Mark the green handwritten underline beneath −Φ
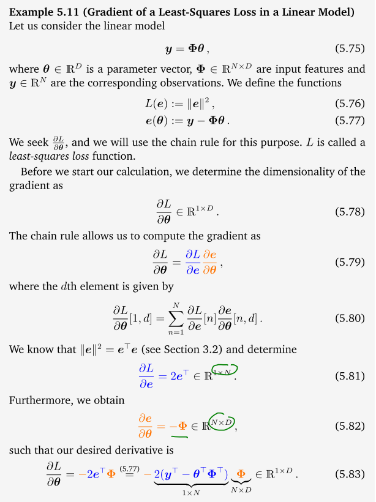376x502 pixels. pos(179,436)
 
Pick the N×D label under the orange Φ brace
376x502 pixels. pos(240,490)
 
